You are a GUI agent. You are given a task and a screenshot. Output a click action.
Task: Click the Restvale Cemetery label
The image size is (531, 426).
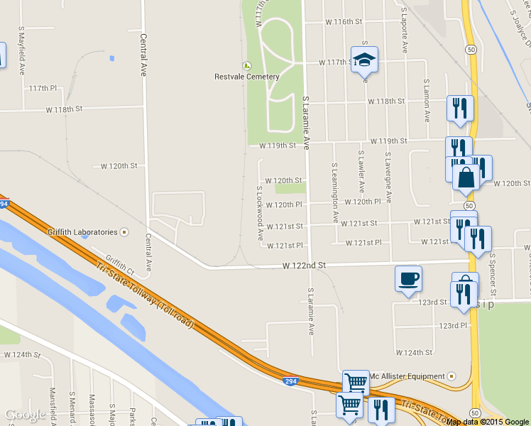tap(247, 77)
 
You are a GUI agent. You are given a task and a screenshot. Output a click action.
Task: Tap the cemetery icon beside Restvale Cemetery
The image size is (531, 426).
tap(247, 65)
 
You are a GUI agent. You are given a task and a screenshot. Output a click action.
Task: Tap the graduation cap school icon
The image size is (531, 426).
tap(364, 60)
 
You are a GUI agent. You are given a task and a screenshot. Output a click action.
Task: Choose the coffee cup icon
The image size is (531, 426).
tap(409, 278)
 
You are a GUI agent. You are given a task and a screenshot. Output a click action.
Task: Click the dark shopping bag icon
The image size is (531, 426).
tap(466, 176)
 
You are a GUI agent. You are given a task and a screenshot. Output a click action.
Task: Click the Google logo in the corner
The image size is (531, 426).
tap(26, 415)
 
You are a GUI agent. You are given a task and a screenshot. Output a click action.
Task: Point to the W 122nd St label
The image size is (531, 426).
tap(304, 266)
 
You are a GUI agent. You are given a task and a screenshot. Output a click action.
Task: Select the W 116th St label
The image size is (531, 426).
tap(344, 22)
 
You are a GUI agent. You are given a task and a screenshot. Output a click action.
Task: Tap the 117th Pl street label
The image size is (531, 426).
tap(43, 89)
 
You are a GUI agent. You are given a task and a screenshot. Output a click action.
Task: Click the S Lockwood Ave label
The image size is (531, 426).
tap(260, 213)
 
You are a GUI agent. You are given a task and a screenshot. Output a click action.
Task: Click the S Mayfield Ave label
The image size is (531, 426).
tap(21, 45)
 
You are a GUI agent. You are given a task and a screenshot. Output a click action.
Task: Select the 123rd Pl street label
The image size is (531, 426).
tap(454, 326)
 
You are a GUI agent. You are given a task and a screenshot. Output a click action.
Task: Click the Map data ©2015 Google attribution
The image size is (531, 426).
tap(488, 422)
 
